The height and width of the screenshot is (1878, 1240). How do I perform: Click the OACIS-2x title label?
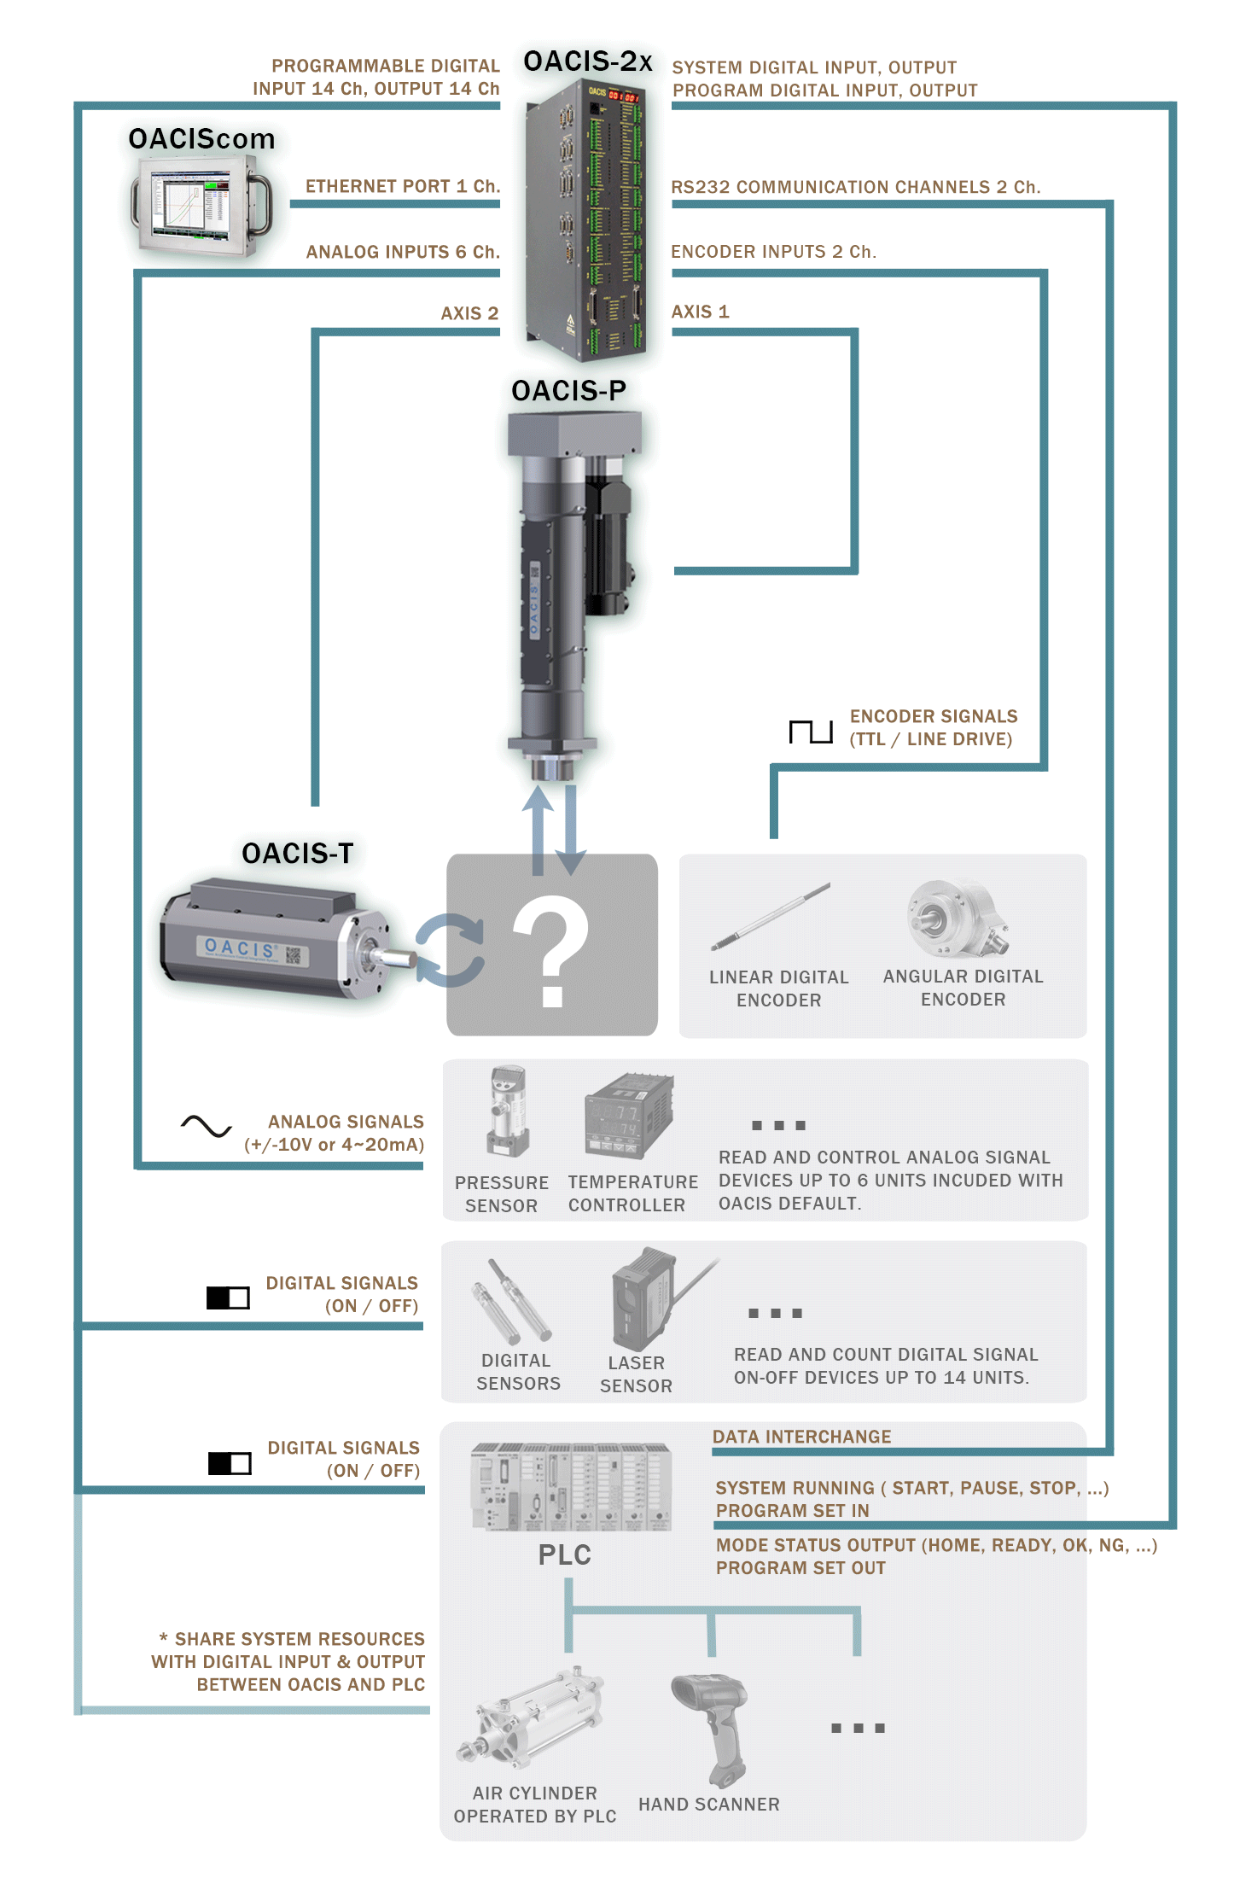click(x=588, y=61)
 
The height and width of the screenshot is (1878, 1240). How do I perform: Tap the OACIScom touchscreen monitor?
click(x=201, y=206)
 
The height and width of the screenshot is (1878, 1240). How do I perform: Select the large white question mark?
click(x=550, y=951)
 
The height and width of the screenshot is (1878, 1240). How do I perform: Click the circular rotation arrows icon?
click(x=450, y=950)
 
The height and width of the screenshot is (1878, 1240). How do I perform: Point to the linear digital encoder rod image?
click(x=771, y=917)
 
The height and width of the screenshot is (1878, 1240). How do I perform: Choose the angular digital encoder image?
click(x=957, y=919)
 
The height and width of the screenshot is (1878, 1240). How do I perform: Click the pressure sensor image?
click(x=508, y=1111)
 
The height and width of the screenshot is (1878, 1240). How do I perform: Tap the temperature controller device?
click(x=629, y=1115)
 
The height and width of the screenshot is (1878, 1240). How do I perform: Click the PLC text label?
click(x=564, y=1554)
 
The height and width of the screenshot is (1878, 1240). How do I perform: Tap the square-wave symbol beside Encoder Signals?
click(x=810, y=732)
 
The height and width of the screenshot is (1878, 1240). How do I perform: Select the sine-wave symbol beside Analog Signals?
click(x=206, y=1127)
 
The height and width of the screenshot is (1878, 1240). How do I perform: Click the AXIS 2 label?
click(x=469, y=313)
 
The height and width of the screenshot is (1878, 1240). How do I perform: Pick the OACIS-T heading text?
click(x=297, y=853)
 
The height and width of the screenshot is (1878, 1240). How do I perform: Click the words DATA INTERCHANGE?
click(x=801, y=1437)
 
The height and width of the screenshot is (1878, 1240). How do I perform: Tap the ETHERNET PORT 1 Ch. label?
click(x=403, y=186)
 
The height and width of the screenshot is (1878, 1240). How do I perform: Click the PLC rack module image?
click(x=571, y=1487)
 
